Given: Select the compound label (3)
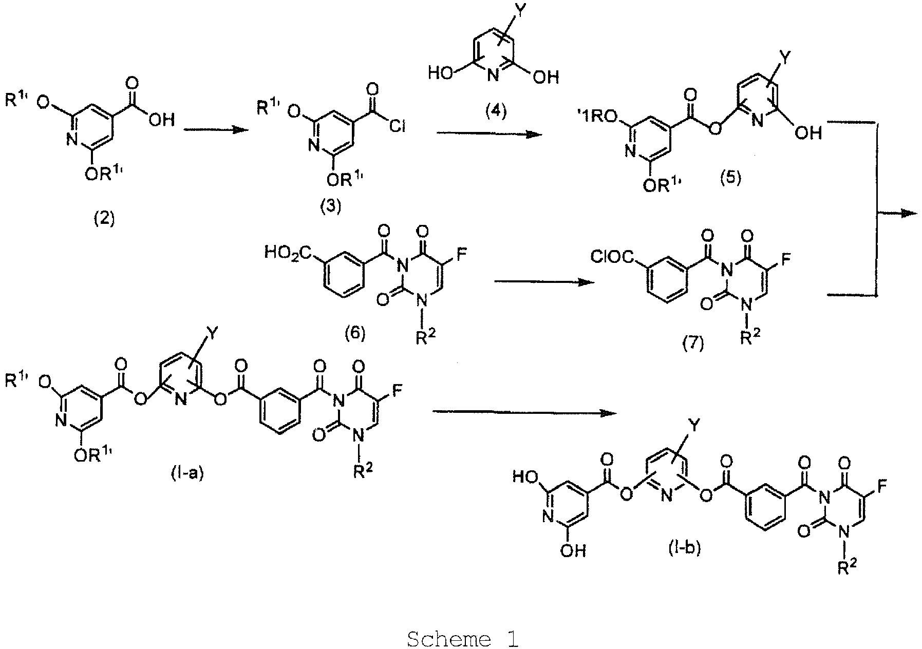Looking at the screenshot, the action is click(330, 208).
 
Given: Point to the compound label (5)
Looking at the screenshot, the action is click(731, 179).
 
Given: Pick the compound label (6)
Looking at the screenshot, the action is click(354, 334).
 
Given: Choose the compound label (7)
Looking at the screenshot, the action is click(692, 343).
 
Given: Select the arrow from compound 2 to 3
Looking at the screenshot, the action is click(213, 130).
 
